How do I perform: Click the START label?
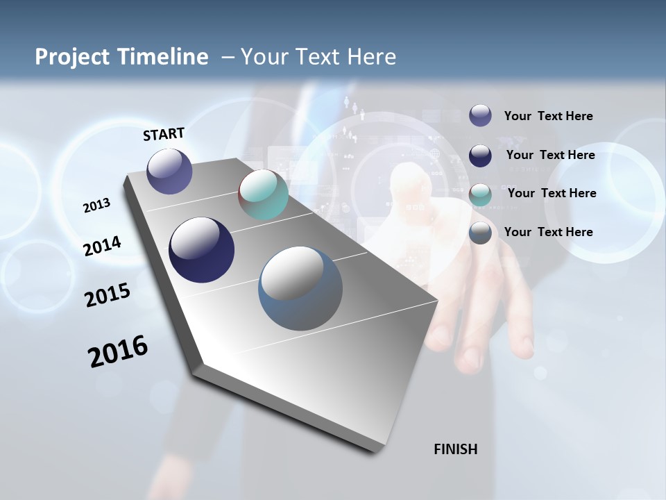coord(164,134)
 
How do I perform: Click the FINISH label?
coord(455,449)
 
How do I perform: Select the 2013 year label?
coord(96,206)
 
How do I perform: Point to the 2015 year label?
coord(107,295)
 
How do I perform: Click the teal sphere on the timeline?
coord(263,194)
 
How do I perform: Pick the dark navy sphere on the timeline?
coord(201,250)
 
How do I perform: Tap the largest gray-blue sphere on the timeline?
coord(300,288)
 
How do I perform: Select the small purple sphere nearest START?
coord(169,171)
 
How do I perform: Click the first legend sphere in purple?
coord(480,115)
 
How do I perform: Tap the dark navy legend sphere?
coord(480,156)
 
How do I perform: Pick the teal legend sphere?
coord(480,194)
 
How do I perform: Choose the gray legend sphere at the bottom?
coord(480,233)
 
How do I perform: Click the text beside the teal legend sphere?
coord(552,193)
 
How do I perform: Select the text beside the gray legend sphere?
coord(548,232)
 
